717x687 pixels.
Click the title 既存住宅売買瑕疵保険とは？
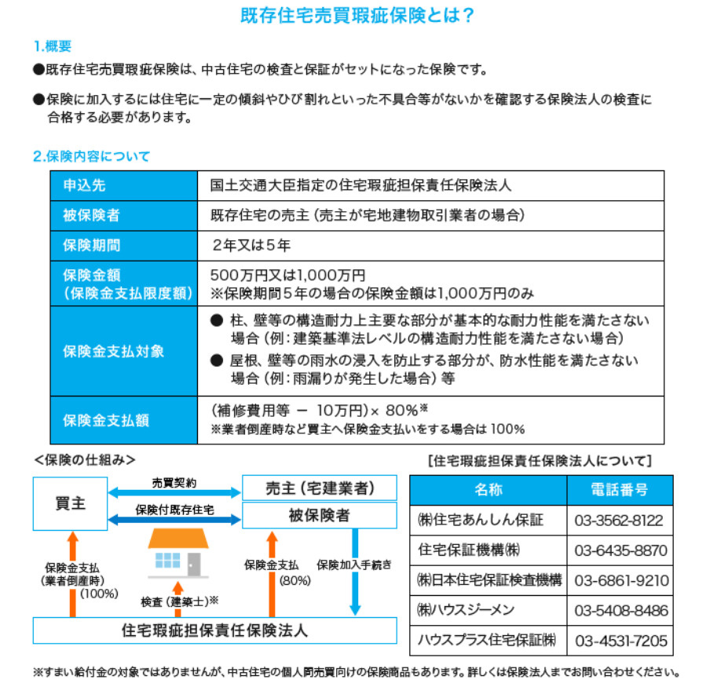click(x=358, y=16)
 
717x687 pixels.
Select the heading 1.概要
click(x=53, y=46)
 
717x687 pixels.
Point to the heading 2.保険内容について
click(x=91, y=156)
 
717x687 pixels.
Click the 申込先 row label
click(x=84, y=185)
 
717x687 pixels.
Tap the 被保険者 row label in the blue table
click(x=91, y=215)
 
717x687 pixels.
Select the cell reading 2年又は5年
click(x=251, y=245)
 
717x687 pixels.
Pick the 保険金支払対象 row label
click(x=113, y=351)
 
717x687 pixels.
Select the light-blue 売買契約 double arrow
click(x=174, y=492)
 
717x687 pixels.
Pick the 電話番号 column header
click(x=620, y=490)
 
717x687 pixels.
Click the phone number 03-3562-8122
click(x=620, y=521)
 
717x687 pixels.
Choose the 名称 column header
click(x=488, y=490)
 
